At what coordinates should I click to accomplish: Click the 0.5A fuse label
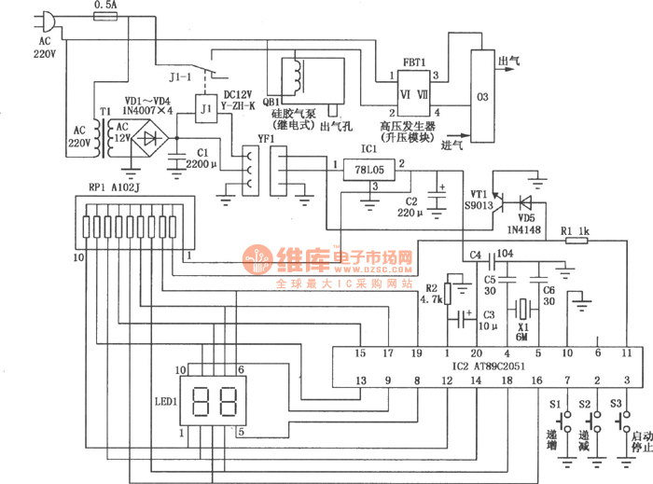(x=105, y=6)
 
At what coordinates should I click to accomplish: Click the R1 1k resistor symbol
(x=575, y=240)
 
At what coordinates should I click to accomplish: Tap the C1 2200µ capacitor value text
(x=201, y=164)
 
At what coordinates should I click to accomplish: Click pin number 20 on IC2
(x=476, y=353)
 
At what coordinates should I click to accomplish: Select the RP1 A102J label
(x=112, y=187)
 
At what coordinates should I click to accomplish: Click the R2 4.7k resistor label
(x=431, y=294)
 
